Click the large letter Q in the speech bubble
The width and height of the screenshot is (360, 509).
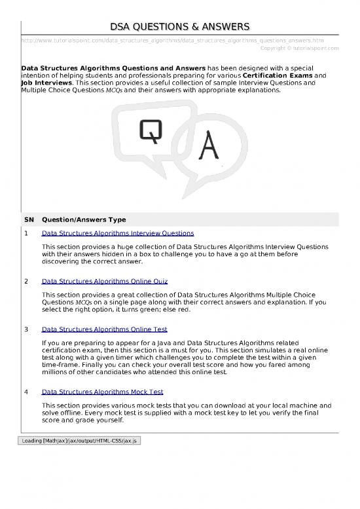pos(150,133)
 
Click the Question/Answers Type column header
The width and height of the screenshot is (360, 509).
pos(83,219)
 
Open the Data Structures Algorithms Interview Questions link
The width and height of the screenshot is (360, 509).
pos(117,233)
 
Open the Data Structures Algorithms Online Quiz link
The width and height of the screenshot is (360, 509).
pos(104,281)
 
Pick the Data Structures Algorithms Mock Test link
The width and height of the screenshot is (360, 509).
pos(102,392)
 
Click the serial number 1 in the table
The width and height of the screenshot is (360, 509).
pos(26,233)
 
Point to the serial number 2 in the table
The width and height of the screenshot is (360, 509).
pos(26,281)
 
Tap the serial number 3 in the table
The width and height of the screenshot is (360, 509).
pos(26,330)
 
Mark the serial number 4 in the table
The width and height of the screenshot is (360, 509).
pos(26,392)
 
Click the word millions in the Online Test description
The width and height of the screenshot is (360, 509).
pos(55,373)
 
